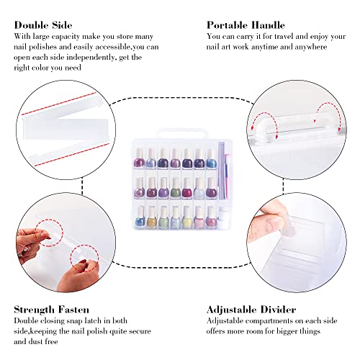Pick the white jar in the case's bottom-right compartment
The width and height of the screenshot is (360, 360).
tap(224, 215)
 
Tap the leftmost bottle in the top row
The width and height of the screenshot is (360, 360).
tap(140, 158)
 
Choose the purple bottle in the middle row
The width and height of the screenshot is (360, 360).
tap(152, 191)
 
